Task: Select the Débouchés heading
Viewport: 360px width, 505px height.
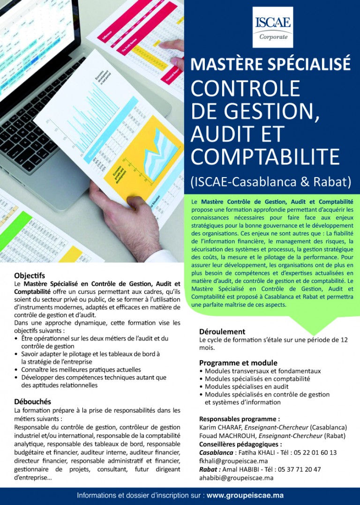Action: (x=33, y=401)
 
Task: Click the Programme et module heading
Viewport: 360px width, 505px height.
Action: (x=238, y=363)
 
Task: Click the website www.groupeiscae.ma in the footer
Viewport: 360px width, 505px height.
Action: (x=245, y=496)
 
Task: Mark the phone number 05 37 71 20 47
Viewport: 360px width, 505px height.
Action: (x=297, y=469)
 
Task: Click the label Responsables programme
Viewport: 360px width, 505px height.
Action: (x=240, y=419)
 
